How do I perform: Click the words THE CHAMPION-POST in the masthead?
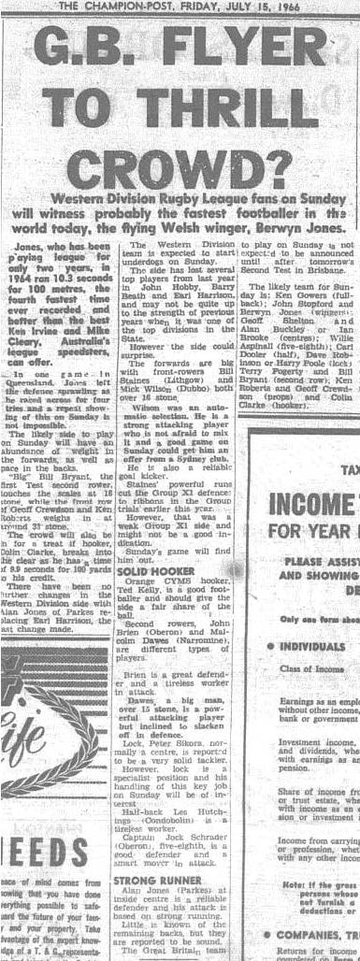(x=120, y=7)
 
